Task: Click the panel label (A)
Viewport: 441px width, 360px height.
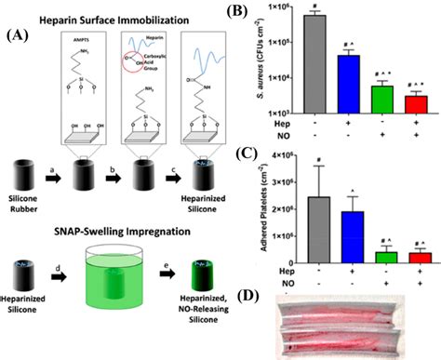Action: (x=16, y=38)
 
